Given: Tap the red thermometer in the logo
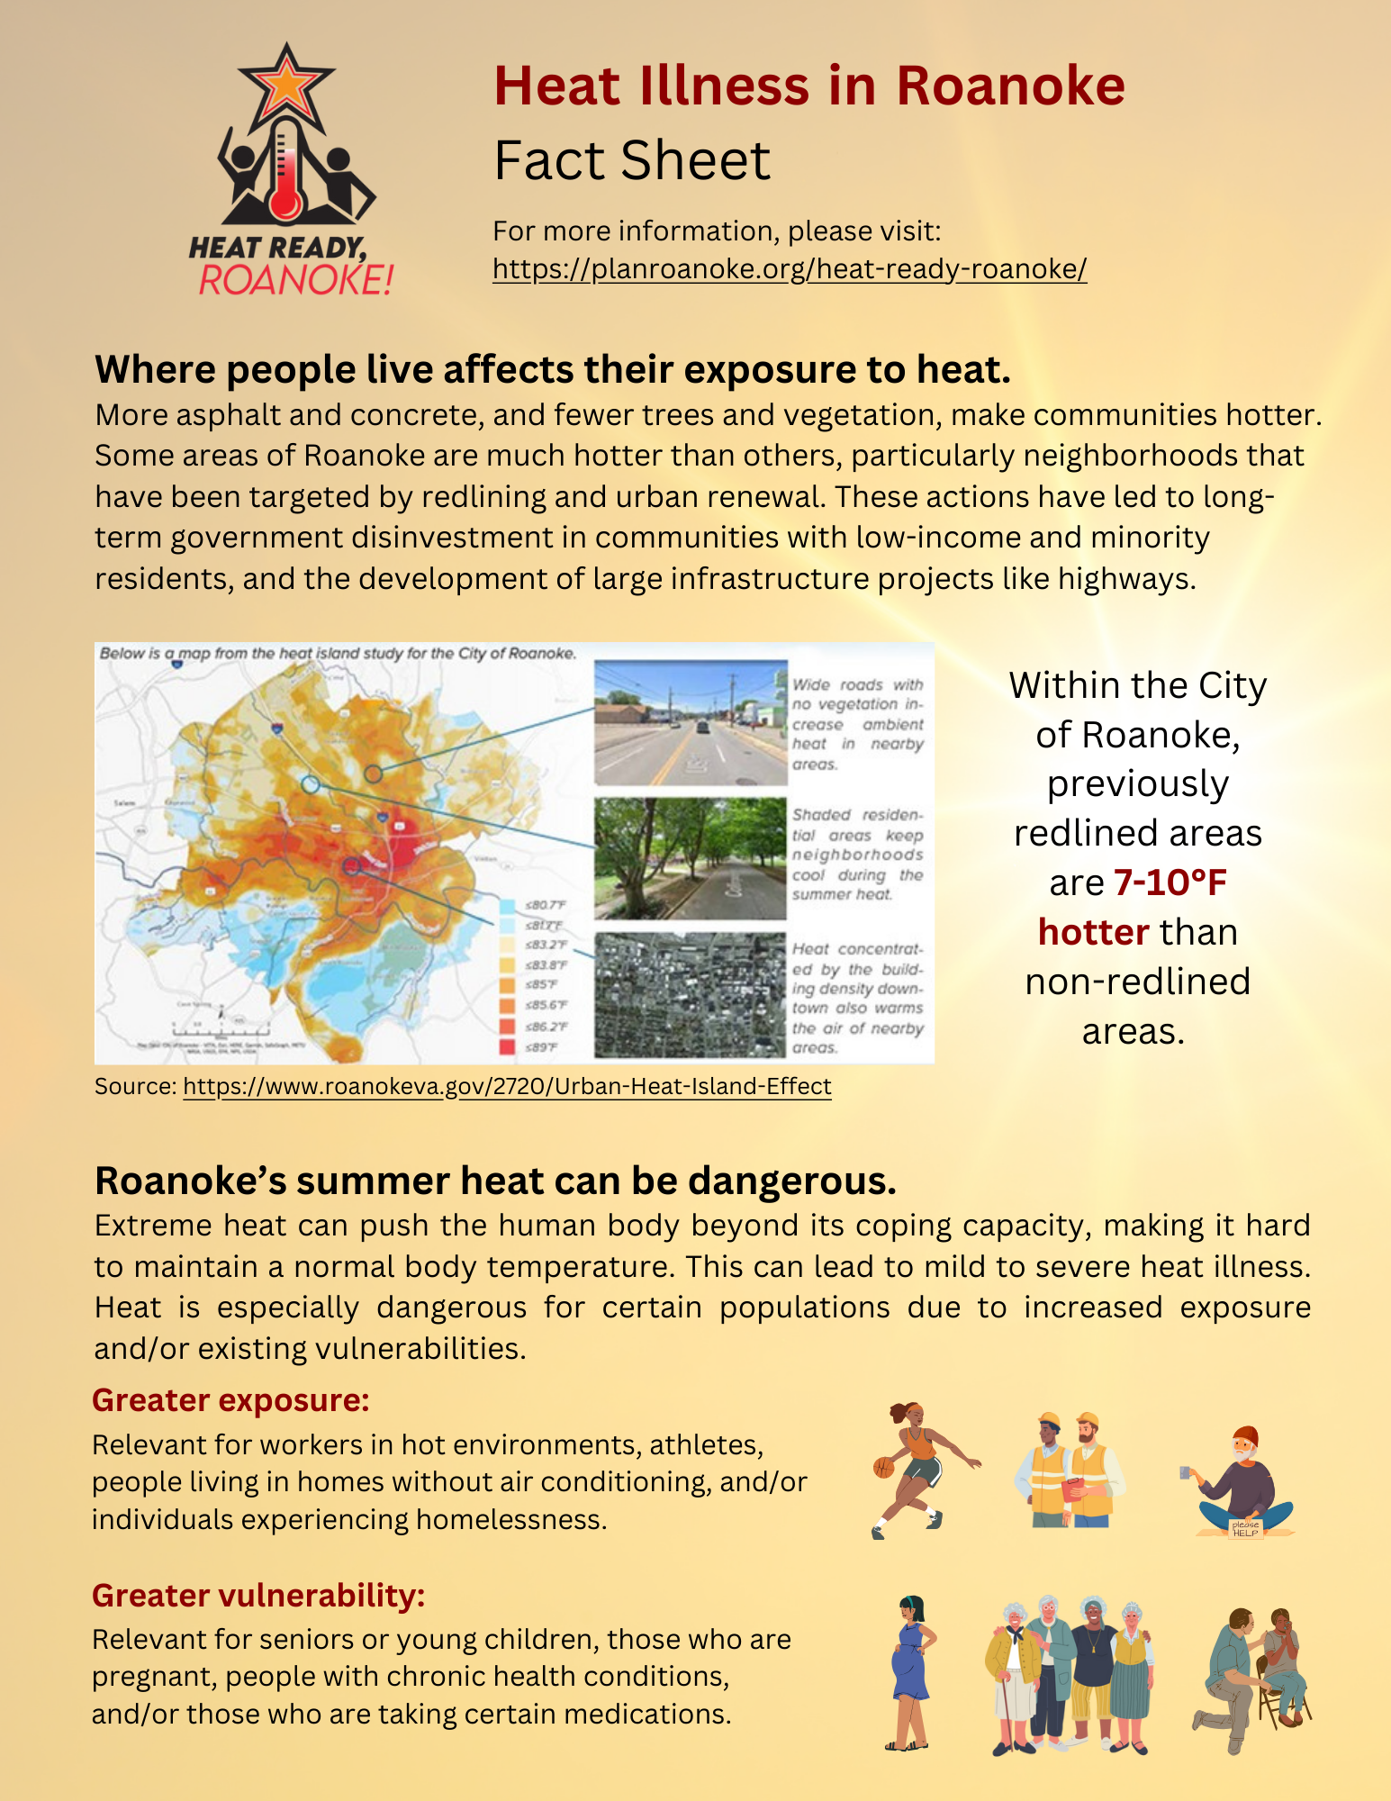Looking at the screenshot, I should point(285,180).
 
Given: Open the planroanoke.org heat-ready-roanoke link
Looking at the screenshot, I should point(790,269).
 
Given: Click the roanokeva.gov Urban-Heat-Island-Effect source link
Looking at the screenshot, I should point(507,1087).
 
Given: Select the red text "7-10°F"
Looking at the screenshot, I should point(1170,882).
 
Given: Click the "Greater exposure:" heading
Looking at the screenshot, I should point(230,1400).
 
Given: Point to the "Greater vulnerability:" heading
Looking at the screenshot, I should point(258,1595).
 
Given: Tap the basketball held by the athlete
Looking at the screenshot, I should point(883,1467).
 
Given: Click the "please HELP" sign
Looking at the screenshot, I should point(1245,1528).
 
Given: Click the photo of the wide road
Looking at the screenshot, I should point(691,723).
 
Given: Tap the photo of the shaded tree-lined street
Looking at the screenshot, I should point(691,858).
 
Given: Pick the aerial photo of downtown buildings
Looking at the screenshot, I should point(691,994).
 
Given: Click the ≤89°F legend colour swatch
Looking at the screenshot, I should point(507,1046).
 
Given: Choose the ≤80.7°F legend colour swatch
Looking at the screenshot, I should point(507,905).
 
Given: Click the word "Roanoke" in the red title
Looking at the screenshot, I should point(1010,86).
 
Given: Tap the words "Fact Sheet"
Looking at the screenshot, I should point(632,161).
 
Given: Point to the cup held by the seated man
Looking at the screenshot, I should point(1186,1472).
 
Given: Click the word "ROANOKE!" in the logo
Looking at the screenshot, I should point(295,280).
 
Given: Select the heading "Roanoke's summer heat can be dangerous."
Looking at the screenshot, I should point(495,1181).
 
